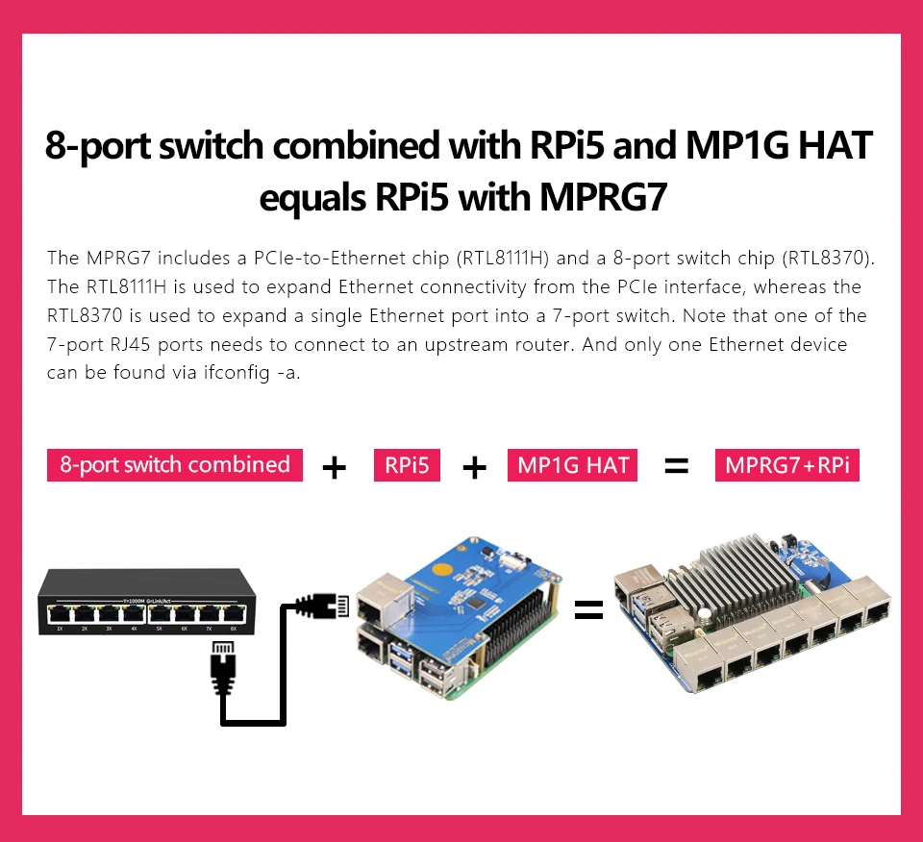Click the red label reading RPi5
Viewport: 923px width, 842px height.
click(x=406, y=465)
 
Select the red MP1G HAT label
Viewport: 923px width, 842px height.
click(x=572, y=465)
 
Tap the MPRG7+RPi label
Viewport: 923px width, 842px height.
click(x=786, y=465)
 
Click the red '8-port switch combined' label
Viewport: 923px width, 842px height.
click(x=174, y=465)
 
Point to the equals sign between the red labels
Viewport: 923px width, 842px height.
click(x=677, y=467)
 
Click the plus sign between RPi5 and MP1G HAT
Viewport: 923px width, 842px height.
click(x=474, y=467)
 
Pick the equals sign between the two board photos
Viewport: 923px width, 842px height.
click(x=588, y=609)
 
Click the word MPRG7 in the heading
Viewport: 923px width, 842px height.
click(x=603, y=197)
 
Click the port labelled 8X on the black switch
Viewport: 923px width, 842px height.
click(x=230, y=612)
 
